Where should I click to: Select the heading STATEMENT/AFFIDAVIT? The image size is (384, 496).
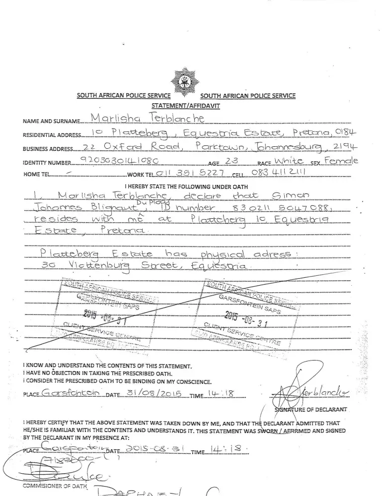coord(186,106)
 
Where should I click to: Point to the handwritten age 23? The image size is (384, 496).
coord(231,161)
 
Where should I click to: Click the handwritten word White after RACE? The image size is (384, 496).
coord(288,161)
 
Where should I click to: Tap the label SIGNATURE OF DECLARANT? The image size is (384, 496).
coord(310,410)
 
